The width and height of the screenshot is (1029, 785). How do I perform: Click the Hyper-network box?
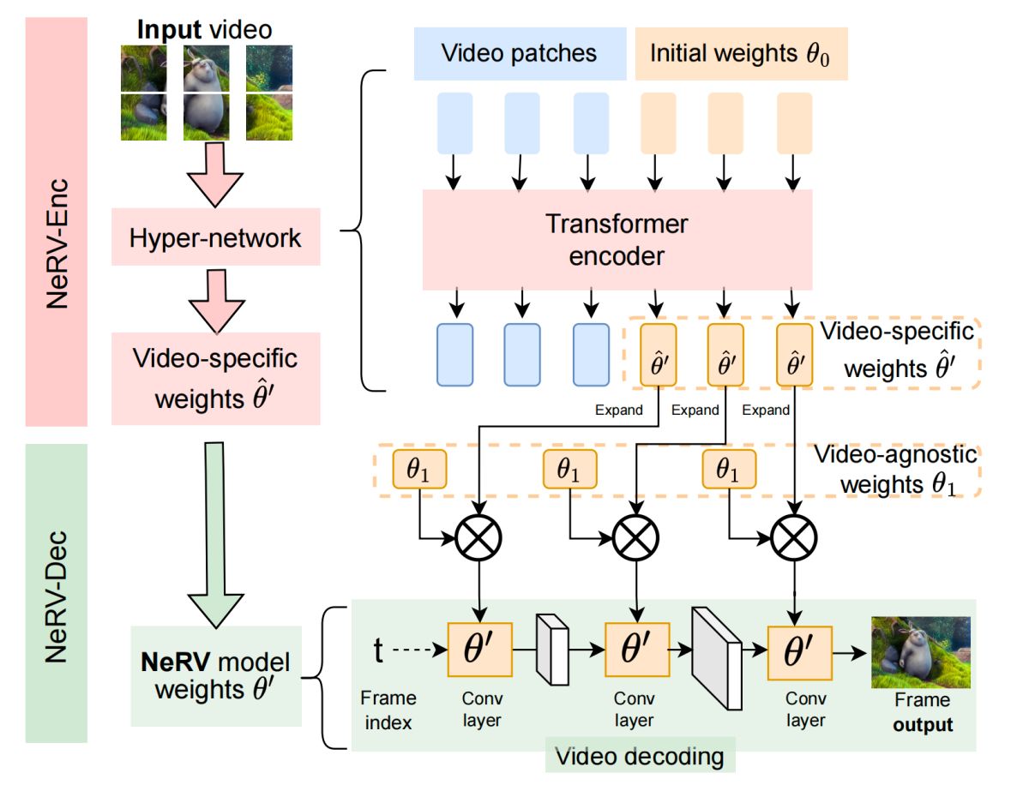click(215, 237)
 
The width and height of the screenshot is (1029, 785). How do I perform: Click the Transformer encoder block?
click(617, 240)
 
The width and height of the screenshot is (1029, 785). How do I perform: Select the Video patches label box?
click(519, 53)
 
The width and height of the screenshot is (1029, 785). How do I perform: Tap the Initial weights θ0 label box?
click(741, 53)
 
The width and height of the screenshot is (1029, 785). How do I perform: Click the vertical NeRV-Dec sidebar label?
click(57, 591)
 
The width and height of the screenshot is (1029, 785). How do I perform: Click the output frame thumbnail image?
click(920, 652)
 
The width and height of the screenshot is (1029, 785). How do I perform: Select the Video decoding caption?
click(640, 757)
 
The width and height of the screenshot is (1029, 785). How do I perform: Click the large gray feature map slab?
click(716, 657)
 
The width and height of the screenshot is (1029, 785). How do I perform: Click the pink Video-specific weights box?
click(215, 378)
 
